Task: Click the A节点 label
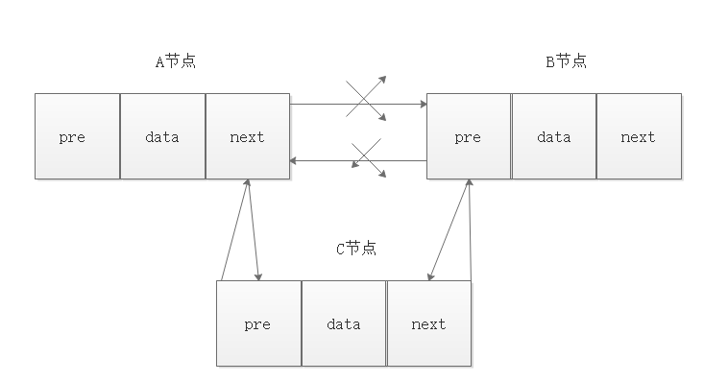175,61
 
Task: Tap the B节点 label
566,61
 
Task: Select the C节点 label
355,249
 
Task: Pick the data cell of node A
162,136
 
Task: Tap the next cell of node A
247,136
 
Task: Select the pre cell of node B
468,136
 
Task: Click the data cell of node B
553,136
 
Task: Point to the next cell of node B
638,136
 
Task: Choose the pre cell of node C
258,323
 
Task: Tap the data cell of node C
343,323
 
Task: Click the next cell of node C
428,323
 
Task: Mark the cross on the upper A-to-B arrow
366,98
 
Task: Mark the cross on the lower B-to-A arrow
369,159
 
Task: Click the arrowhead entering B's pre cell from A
421,104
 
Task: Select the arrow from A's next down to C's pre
254,230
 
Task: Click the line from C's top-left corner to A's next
234,230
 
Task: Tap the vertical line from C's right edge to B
471,230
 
